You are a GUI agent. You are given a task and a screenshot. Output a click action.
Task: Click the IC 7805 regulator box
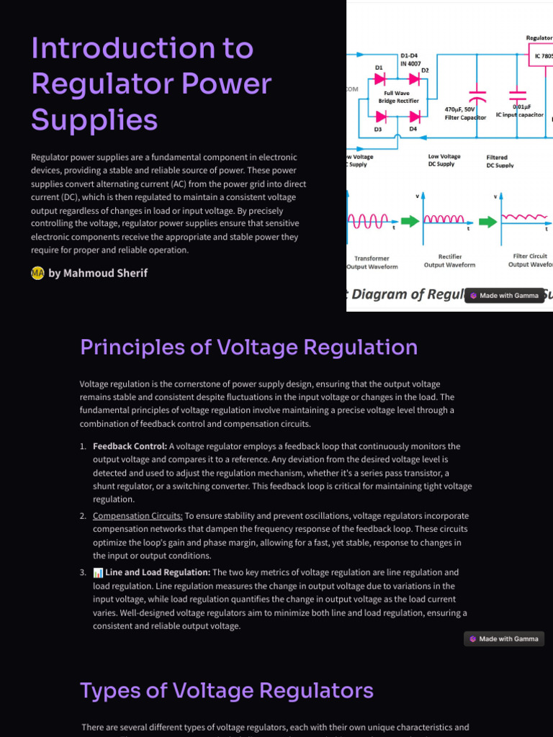tap(541, 55)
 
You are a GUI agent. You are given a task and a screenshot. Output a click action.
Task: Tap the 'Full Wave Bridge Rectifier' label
tap(397, 97)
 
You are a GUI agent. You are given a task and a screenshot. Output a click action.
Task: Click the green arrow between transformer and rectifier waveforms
tap(409, 221)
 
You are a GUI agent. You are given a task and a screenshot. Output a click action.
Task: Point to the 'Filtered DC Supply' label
tap(500, 160)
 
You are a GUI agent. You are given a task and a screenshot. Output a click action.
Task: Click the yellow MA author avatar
tap(37, 273)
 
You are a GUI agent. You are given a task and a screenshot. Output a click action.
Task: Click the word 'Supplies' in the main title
tap(94, 119)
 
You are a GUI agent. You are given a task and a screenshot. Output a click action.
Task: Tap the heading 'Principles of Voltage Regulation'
tap(248, 347)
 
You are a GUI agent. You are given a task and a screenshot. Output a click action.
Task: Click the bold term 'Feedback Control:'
tap(130, 446)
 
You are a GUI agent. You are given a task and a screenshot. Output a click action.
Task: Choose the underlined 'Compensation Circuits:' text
tap(138, 516)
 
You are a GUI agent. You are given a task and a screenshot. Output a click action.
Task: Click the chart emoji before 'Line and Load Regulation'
tap(98, 573)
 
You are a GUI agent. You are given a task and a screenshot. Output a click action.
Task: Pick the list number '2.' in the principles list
tap(83, 516)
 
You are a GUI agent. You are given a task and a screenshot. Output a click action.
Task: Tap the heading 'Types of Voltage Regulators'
tap(226, 691)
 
